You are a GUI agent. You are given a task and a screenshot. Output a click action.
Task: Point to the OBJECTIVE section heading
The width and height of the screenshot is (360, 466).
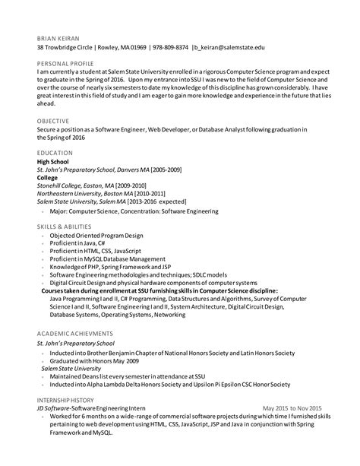[x=53, y=120]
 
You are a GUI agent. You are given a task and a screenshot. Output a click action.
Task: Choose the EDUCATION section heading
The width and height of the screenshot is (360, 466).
[x=55, y=153]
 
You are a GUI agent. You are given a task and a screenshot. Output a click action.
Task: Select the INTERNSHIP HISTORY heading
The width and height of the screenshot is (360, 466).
[x=68, y=400]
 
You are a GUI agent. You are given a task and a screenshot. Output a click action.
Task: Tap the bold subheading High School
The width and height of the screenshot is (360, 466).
[x=55, y=161]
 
